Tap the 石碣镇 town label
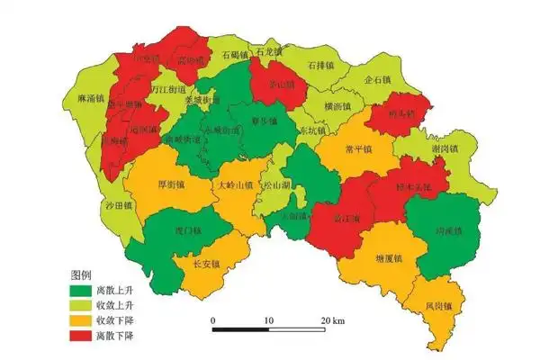[236, 56]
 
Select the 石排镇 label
[320, 66]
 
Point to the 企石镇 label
[378, 79]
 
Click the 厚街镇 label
[171, 184]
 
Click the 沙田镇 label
[117, 205]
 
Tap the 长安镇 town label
[208, 265]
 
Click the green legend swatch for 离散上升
[82, 291]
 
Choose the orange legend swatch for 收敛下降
[82, 321]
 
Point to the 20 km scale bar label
[334, 321]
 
